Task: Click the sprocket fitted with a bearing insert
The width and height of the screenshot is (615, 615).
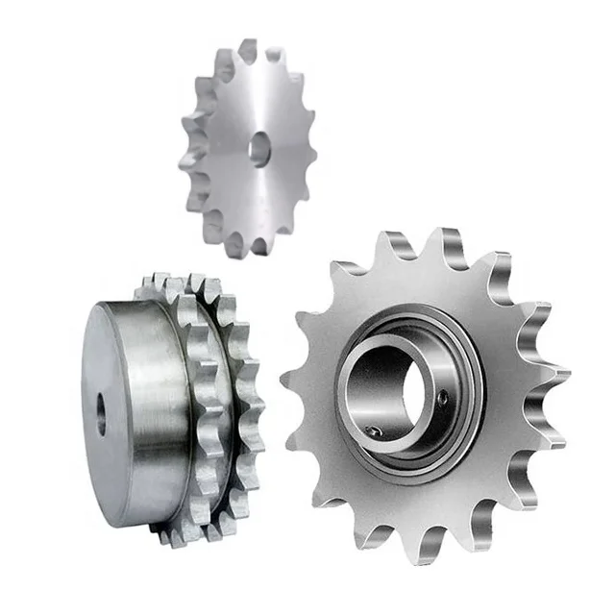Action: [x=423, y=394]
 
